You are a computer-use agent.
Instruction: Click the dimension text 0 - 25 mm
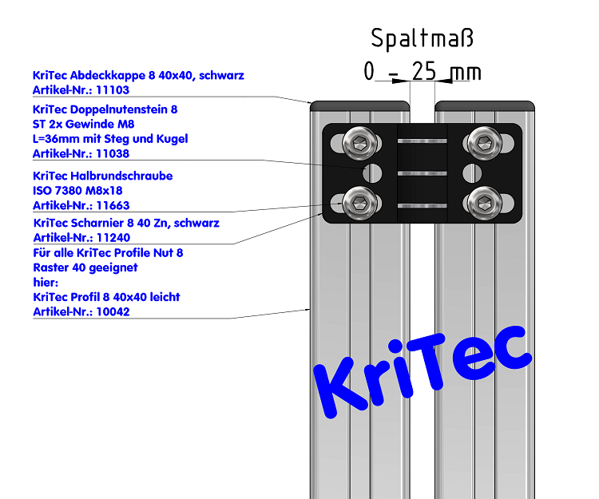(422, 72)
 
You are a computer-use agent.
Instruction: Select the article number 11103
(113, 90)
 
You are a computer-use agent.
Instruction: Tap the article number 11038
(113, 153)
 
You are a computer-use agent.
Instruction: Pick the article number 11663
(113, 206)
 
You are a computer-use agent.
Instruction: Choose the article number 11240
(113, 237)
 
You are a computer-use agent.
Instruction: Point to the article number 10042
(113, 311)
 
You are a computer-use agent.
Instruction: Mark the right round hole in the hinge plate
(471, 172)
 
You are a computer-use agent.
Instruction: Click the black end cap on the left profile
(360, 105)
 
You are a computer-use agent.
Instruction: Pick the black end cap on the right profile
(484, 105)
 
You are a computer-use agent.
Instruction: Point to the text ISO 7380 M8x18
(77, 191)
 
